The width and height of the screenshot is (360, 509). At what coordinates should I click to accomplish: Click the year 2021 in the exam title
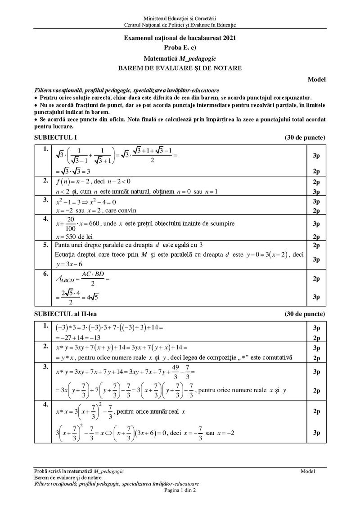click(x=228, y=38)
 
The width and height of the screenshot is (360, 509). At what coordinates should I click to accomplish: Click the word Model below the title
click(x=317, y=80)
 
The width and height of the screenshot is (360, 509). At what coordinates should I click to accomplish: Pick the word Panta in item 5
click(x=63, y=245)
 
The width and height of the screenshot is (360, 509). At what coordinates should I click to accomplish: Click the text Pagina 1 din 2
click(x=180, y=490)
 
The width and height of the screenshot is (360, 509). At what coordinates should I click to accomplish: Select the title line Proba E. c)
click(x=180, y=47)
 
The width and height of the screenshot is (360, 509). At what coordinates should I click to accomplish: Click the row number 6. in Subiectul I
click(x=45, y=274)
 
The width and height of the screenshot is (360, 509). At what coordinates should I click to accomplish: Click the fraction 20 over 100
click(x=70, y=223)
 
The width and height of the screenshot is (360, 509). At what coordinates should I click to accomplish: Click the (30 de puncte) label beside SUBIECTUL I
click(x=305, y=137)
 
